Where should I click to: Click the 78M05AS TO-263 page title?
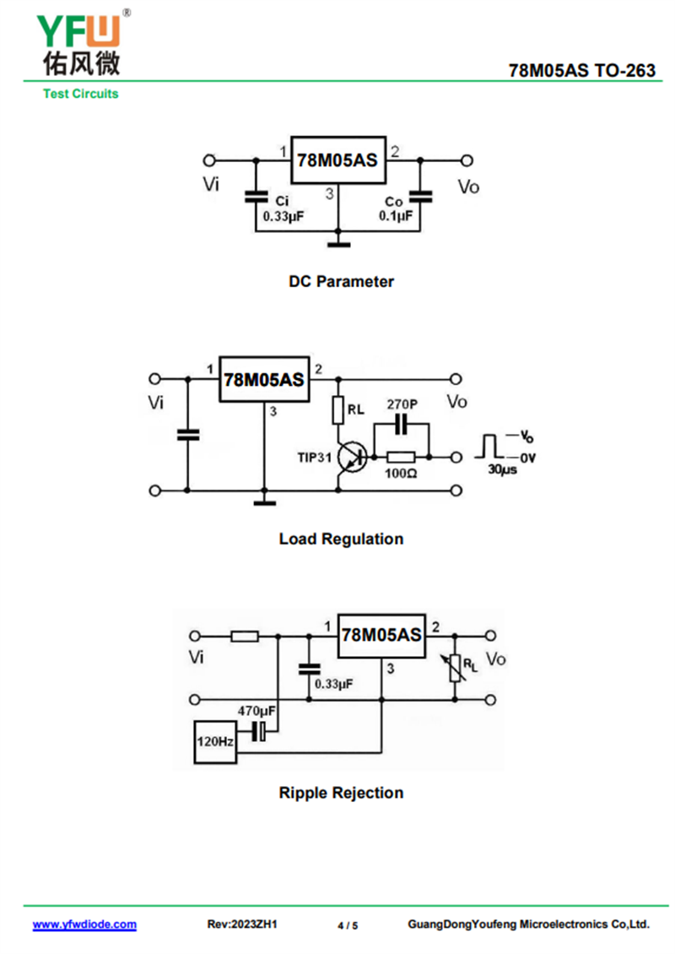click(x=582, y=71)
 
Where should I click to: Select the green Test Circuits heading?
click(x=80, y=94)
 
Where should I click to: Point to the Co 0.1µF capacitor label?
click(x=394, y=209)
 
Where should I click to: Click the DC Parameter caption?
click(x=341, y=282)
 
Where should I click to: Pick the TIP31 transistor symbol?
click(x=350, y=458)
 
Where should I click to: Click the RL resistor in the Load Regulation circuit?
click(x=337, y=410)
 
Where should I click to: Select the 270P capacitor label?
click(x=402, y=404)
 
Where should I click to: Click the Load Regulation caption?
click(x=341, y=539)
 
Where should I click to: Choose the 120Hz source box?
click(x=214, y=743)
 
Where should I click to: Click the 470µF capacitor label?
click(x=256, y=712)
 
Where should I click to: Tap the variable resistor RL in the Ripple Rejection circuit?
click(x=456, y=668)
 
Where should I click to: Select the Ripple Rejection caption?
click(x=341, y=793)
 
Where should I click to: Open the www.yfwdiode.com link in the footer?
click(x=84, y=924)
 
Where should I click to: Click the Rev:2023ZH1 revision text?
click(x=242, y=924)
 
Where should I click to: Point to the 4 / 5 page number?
click(x=348, y=925)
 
